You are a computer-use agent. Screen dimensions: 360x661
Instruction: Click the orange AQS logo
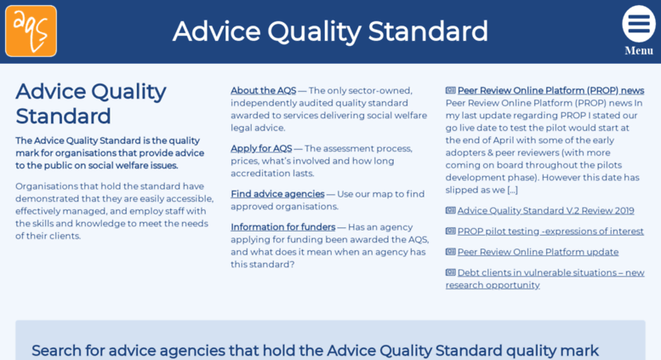click(x=31, y=31)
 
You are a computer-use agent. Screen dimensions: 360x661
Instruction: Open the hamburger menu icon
click(x=638, y=24)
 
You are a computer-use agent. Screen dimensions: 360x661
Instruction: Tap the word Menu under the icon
click(x=639, y=51)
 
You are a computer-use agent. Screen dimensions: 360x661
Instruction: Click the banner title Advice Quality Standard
click(x=330, y=31)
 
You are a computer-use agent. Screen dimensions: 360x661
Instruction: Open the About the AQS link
click(x=263, y=90)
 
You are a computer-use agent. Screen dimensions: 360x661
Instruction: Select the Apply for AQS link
click(x=260, y=148)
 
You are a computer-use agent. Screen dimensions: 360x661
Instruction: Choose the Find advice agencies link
click(x=277, y=194)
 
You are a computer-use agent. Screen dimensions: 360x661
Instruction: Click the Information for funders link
click(x=282, y=227)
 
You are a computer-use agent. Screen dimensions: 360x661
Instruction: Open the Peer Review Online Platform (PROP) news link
click(x=550, y=90)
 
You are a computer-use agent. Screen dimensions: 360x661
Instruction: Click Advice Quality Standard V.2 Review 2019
click(x=545, y=210)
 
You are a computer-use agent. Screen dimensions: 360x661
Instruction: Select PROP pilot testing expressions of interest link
click(x=550, y=231)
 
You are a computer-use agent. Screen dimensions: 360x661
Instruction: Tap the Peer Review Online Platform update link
click(x=538, y=252)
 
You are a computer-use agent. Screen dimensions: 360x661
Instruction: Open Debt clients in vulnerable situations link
click(x=550, y=272)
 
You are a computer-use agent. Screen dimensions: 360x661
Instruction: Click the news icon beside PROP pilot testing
click(x=450, y=231)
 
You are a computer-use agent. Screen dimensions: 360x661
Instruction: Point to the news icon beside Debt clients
click(x=450, y=272)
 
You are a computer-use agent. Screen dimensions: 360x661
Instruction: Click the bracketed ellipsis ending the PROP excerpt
click(x=511, y=190)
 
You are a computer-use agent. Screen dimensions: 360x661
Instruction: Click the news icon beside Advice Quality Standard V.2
click(x=450, y=210)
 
